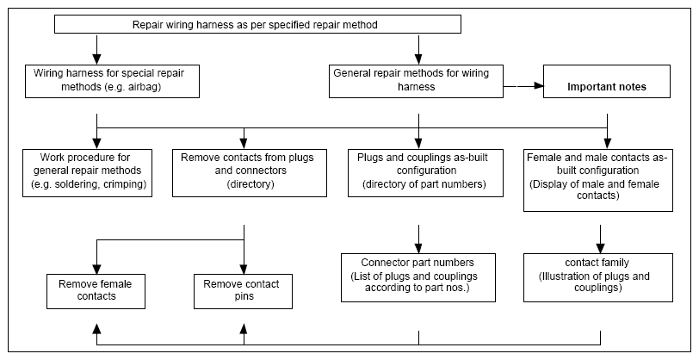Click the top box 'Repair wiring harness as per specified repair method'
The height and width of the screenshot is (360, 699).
coord(257,24)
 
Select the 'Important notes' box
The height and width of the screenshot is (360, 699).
coord(607,81)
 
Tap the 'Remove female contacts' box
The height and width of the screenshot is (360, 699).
coord(96,291)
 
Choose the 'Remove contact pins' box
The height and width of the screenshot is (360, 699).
coord(243,291)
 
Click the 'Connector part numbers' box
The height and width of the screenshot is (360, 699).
coord(418,277)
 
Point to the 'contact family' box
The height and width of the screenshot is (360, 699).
coord(597,277)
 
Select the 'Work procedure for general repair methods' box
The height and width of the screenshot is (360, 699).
coord(88,173)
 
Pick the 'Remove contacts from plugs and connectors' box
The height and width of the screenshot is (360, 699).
coord(250,173)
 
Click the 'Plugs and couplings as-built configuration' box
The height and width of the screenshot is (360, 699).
coord(426,173)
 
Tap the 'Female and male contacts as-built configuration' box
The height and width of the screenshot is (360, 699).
coord(597,180)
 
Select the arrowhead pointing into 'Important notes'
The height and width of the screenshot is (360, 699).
coord(538,85)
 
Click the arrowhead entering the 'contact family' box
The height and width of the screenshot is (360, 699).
coord(601,249)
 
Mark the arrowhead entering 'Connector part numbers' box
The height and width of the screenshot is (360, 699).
coord(418,249)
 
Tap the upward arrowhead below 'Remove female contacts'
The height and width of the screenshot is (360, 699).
coord(96,329)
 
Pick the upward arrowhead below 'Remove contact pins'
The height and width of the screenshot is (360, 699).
coord(244,329)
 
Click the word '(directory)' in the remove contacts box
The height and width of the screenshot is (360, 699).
coord(250,184)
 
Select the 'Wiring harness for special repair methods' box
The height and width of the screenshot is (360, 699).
coord(112,81)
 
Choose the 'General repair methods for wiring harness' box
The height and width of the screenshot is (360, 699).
coord(416,81)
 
